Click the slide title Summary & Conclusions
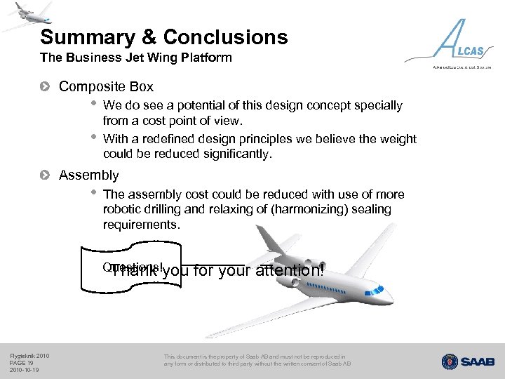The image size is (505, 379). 163,36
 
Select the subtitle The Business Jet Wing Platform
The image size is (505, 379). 135,58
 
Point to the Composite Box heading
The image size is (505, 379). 106,87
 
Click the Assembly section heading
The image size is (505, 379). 88,175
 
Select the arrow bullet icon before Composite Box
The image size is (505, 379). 46,87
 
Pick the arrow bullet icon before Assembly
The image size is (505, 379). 46,175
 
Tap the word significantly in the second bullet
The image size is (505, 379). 234,154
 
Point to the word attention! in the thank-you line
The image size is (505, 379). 290,271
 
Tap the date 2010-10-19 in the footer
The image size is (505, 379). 25,369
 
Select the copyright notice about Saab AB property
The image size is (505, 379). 257,360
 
